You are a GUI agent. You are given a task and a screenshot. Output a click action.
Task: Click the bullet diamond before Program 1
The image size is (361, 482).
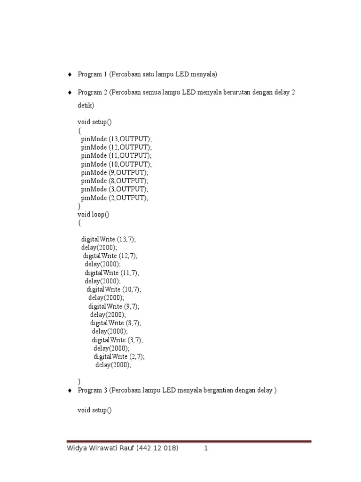click(69, 74)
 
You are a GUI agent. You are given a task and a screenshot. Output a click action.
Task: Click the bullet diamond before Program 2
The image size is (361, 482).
click(69, 92)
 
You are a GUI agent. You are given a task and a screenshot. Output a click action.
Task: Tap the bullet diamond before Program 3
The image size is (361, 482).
click(69, 391)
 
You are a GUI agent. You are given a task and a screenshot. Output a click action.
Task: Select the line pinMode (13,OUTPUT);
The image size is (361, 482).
click(117, 139)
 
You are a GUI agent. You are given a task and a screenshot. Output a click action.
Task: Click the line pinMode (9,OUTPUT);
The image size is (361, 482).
click(115, 173)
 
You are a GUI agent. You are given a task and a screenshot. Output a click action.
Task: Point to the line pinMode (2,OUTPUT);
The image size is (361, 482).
click(115, 198)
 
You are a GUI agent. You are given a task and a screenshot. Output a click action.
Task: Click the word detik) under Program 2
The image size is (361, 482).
click(86, 106)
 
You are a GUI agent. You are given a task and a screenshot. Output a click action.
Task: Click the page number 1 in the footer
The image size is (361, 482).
click(206, 449)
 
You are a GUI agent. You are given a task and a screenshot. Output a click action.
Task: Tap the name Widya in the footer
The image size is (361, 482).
click(77, 449)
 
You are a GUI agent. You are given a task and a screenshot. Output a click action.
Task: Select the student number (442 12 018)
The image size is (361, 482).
click(157, 449)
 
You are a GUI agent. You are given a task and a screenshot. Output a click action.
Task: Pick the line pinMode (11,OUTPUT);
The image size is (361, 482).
click(117, 156)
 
